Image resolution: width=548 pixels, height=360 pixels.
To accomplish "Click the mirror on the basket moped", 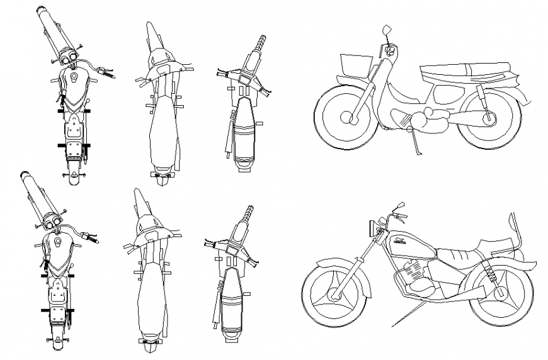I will (387, 30).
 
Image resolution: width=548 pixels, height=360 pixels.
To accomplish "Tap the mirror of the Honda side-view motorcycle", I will (399, 206).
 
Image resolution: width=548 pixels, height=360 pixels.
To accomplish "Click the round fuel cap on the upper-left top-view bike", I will (74, 77).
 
